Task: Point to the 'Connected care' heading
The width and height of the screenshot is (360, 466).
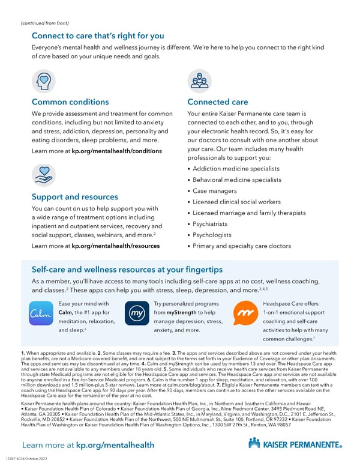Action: click(x=217, y=102)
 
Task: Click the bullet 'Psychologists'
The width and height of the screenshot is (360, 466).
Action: click(x=212, y=235)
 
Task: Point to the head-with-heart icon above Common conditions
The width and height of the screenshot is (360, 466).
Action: click(x=43, y=80)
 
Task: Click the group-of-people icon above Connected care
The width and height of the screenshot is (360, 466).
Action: click(x=199, y=80)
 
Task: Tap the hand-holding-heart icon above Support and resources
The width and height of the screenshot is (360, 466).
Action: click(x=43, y=175)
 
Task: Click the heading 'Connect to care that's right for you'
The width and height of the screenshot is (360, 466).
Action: click(x=97, y=35)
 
